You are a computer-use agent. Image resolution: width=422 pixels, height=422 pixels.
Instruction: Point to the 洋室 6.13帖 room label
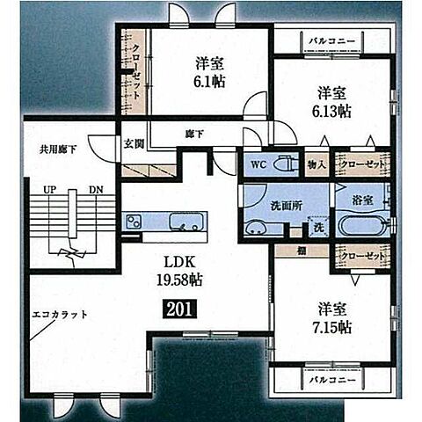332,102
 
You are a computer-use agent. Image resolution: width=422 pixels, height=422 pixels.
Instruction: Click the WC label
258,164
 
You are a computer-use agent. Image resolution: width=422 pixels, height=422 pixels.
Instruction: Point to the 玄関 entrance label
133,142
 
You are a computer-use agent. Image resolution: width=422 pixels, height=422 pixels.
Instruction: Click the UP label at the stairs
49,189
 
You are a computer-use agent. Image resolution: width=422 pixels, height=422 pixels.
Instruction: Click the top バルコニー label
331,40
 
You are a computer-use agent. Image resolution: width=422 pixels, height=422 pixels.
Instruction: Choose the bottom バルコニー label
331,380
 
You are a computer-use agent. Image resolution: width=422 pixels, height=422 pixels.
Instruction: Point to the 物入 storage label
316,164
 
